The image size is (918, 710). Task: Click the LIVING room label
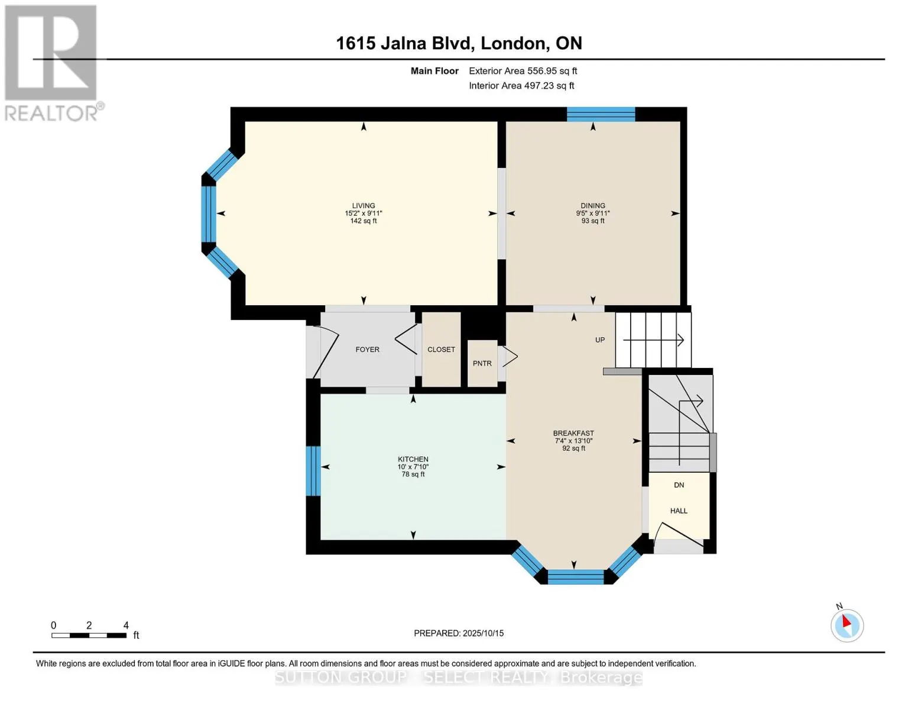(364, 205)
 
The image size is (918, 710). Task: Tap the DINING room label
(593, 205)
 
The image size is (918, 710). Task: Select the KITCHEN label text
(413, 459)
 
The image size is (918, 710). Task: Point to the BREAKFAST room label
(573, 434)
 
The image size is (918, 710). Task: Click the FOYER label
(367, 350)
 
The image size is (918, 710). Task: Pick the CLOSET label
(441, 350)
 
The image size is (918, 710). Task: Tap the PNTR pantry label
(482, 364)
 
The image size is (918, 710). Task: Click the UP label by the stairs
(600, 340)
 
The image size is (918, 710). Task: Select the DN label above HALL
(679, 485)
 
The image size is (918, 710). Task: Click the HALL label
(679, 511)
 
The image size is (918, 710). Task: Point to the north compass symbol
(846, 625)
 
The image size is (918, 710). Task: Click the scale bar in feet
(89, 635)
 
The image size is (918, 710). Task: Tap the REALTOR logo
(53, 63)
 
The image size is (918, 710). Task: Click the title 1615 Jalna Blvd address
(459, 43)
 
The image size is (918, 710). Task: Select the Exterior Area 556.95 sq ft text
(523, 71)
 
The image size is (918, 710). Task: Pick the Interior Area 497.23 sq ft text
(521, 86)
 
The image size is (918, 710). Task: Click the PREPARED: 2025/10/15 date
(459, 633)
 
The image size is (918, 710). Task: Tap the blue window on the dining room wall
(601, 114)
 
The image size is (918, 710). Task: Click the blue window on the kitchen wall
(313, 471)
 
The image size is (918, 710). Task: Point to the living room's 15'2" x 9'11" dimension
(364, 214)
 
